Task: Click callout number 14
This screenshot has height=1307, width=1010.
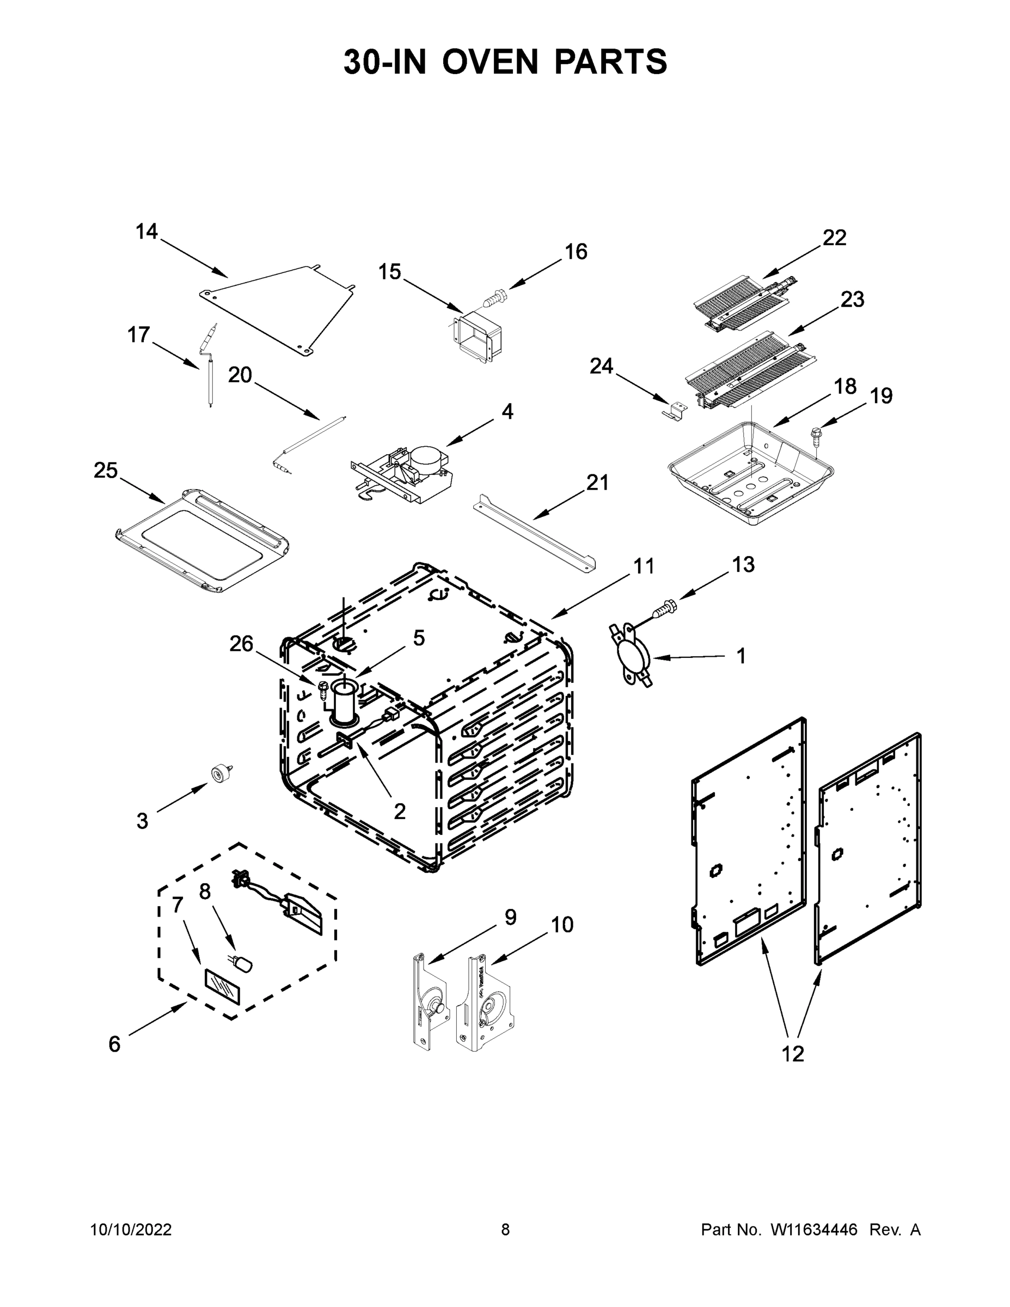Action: [x=146, y=231]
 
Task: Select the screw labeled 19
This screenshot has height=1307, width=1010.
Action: [x=816, y=435]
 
